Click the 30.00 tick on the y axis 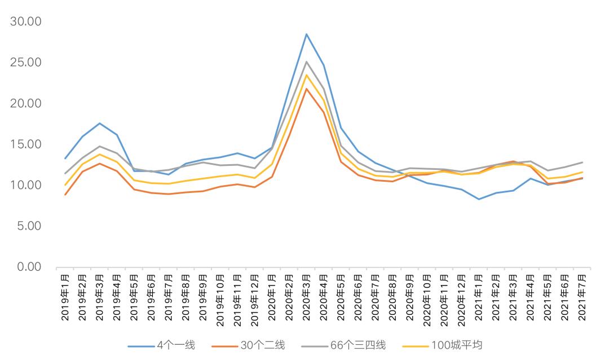coord(25,21)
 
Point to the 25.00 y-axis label coord(25,62)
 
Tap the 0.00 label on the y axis coord(29,267)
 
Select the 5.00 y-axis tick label coord(29,226)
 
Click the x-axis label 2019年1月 coord(65,297)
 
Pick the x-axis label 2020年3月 coord(306,297)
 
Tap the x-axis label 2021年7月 coord(582,297)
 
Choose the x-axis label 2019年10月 coord(220,300)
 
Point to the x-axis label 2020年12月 coord(461,300)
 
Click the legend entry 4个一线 coord(162,345)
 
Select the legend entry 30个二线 coord(249,345)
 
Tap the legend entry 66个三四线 coord(343,345)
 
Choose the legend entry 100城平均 coord(442,345)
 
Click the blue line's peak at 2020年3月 coord(306,34)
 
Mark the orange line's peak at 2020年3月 coord(306,89)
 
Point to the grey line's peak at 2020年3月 coord(306,62)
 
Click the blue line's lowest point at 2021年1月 coord(479,199)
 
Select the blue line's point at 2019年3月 coord(100,123)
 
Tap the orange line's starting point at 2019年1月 coord(65,194)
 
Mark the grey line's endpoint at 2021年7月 coord(582,162)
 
